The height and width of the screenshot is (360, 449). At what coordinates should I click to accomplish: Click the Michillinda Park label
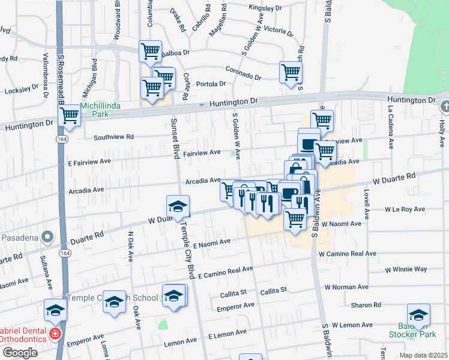pyautogui.click(x=100, y=106)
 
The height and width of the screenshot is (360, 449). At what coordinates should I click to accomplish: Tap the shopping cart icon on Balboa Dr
pyautogui.click(x=149, y=50)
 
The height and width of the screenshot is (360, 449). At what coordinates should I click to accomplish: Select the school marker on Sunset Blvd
pyautogui.click(x=178, y=207)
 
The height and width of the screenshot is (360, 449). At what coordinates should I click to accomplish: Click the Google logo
pyautogui.click(x=19, y=352)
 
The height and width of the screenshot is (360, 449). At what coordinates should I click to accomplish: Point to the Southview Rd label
pyautogui.click(x=113, y=137)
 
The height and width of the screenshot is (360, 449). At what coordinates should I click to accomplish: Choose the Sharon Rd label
pyautogui.click(x=367, y=305)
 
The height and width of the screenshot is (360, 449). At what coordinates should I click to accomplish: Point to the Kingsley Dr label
pyautogui.click(x=265, y=8)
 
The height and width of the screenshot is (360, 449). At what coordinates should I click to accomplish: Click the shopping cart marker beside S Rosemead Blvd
pyautogui.click(x=70, y=115)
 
